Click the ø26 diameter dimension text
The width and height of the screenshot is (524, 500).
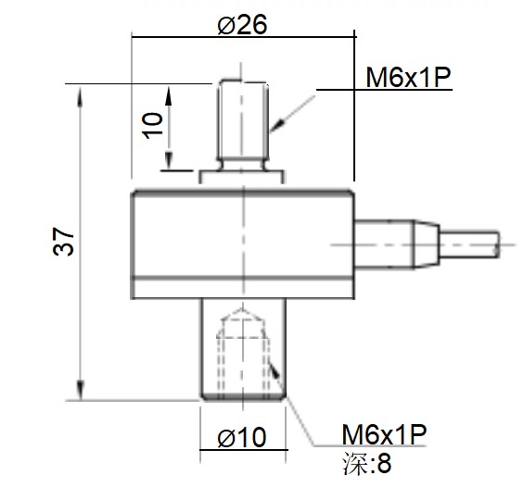[242, 25]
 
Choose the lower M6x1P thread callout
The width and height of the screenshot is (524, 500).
[384, 434]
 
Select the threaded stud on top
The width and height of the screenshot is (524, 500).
[243, 120]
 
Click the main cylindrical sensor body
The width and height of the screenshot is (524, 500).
[243, 244]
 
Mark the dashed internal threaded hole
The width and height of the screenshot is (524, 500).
[243, 356]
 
